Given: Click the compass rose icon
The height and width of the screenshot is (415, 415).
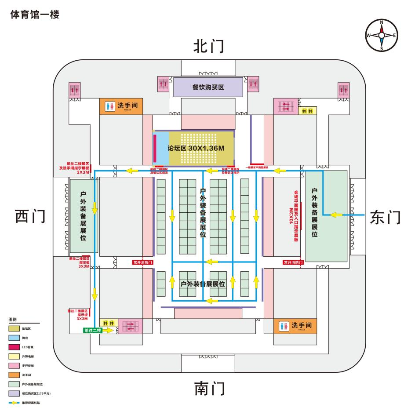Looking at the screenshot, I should [382, 35].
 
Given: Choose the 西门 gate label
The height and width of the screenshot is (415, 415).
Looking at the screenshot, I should [30, 216].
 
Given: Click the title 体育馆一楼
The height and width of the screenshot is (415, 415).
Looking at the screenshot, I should [34, 15].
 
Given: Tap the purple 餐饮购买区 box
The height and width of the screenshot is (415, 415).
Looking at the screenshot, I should [208, 87].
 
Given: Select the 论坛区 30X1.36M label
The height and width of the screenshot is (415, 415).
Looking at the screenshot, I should [196, 148].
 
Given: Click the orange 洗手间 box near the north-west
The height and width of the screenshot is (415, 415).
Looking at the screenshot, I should [121, 107].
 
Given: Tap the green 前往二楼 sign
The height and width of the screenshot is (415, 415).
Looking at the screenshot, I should [93, 330].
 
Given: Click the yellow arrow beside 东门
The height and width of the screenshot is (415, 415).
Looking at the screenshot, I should [336, 215].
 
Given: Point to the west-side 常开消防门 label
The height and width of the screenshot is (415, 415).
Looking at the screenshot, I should [143, 262].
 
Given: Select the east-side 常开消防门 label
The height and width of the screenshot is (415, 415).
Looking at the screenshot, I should [293, 262].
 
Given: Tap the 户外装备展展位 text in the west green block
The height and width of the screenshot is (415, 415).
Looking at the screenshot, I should [83, 215].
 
